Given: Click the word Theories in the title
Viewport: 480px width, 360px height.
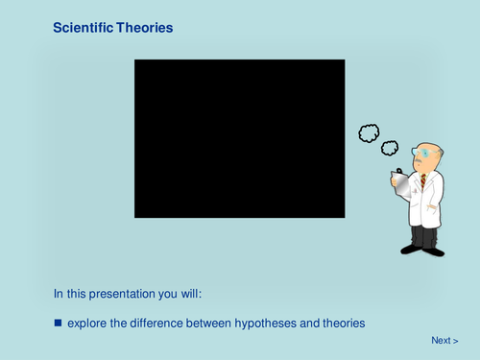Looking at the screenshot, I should pyautogui.click(x=146, y=29).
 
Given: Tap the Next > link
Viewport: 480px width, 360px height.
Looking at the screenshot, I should pyautogui.click(x=444, y=340).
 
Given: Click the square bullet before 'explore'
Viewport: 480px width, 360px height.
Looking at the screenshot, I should pyautogui.click(x=58, y=324).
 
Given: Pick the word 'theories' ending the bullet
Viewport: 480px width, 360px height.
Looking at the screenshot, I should pyautogui.click(x=342, y=324).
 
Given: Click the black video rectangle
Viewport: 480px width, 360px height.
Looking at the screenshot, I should pyautogui.click(x=239, y=138).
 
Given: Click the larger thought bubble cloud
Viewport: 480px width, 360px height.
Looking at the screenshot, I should pyautogui.click(x=369, y=133).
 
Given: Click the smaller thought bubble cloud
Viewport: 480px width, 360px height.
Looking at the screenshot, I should pyautogui.click(x=390, y=147).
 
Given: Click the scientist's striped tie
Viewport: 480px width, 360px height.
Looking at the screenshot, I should pyautogui.click(x=422, y=180).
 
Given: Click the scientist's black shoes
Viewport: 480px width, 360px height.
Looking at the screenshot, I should pyautogui.click(x=422, y=250).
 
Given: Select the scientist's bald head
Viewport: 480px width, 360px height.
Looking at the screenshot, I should pyautogui.click(x=431, y=149).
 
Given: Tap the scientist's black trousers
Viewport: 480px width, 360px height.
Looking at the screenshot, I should pyautogui.click(x=423, y=236).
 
